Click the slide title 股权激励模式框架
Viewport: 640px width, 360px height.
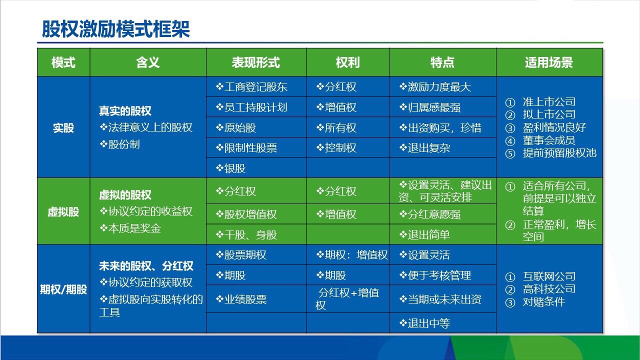click(115, 29)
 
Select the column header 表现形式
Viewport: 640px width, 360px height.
click(255, 62)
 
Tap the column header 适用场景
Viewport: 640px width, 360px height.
click(549, 62)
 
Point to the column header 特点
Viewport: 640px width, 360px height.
click(442, 62)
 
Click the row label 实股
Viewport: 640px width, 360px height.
click(63, 127)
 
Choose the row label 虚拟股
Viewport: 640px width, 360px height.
click(63, 211)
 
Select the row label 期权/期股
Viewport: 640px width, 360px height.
click(63, 289)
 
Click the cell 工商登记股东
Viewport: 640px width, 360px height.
click(251, 87)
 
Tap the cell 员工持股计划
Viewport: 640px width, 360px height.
click(251, 107)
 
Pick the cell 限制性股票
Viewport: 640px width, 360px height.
click(246, 148)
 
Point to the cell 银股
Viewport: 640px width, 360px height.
click(230, 168)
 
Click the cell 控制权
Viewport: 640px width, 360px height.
click(336, 148)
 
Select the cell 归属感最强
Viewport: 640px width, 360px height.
click(430, 107)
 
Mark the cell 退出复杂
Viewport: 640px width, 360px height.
click(424, 148)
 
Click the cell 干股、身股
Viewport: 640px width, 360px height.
click(246, 235)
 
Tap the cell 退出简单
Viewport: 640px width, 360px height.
click(424, 235)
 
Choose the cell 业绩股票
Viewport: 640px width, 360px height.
click(241, 299)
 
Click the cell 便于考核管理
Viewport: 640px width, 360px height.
click(435, 275)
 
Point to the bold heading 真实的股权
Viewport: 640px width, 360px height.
click(125, 111)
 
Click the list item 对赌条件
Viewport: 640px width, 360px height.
click(535, 302)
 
